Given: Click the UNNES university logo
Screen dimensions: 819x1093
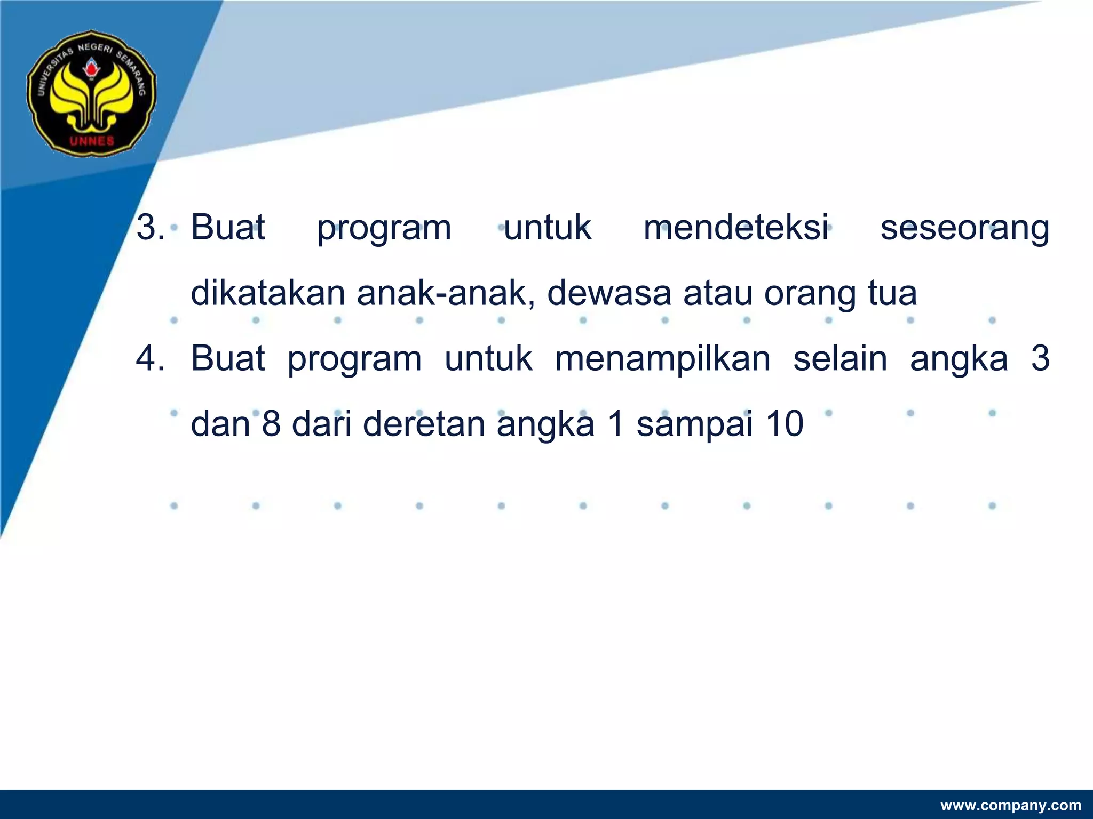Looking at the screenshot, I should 91,93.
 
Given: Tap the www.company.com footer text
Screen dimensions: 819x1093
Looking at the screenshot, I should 1010,805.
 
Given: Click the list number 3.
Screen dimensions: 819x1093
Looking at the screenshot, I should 150,227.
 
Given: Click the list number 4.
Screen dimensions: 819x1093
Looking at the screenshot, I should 150,358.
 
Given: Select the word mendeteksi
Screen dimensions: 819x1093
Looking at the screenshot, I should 736,227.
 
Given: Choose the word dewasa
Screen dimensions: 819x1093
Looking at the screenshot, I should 609,293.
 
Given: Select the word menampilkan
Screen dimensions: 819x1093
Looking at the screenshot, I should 662,359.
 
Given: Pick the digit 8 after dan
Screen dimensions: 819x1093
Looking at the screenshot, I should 272,424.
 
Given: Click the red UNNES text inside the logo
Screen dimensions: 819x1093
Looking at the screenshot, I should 92,141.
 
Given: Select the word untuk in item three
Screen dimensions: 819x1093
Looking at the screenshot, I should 548,227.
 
